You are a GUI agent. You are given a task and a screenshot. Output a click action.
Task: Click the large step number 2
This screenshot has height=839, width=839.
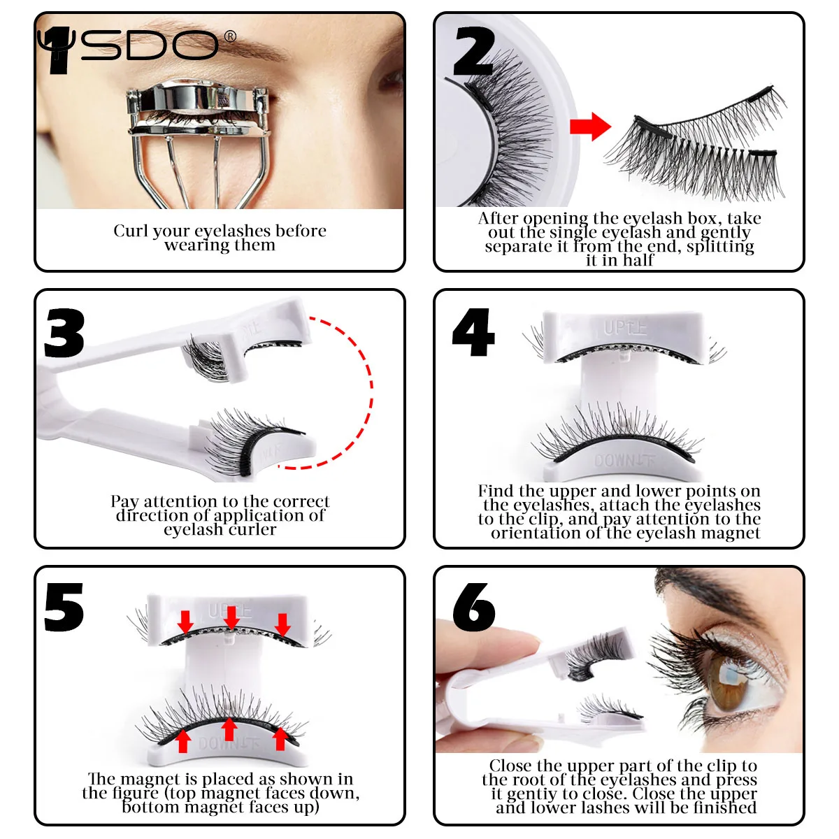click(473, 52)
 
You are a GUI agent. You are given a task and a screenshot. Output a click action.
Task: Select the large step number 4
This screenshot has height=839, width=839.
click(473, 333)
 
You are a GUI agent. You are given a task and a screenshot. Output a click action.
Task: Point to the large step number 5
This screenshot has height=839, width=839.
click(64, 607)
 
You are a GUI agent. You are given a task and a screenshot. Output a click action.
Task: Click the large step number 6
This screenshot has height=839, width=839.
click(474, 607)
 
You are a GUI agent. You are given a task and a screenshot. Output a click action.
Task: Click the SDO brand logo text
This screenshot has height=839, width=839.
click(150, 46)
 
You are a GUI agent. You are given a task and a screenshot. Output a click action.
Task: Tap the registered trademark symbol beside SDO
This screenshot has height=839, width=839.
click(229, 36)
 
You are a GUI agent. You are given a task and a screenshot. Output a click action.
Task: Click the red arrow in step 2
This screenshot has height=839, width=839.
click(590, 127)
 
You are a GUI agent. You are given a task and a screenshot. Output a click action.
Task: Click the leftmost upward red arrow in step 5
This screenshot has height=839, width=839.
click(183, 740)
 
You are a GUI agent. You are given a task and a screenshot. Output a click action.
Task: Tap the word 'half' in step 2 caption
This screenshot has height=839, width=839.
click(638, 260)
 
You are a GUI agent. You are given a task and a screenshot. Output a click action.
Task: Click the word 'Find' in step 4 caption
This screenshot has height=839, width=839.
click(496, 491)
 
